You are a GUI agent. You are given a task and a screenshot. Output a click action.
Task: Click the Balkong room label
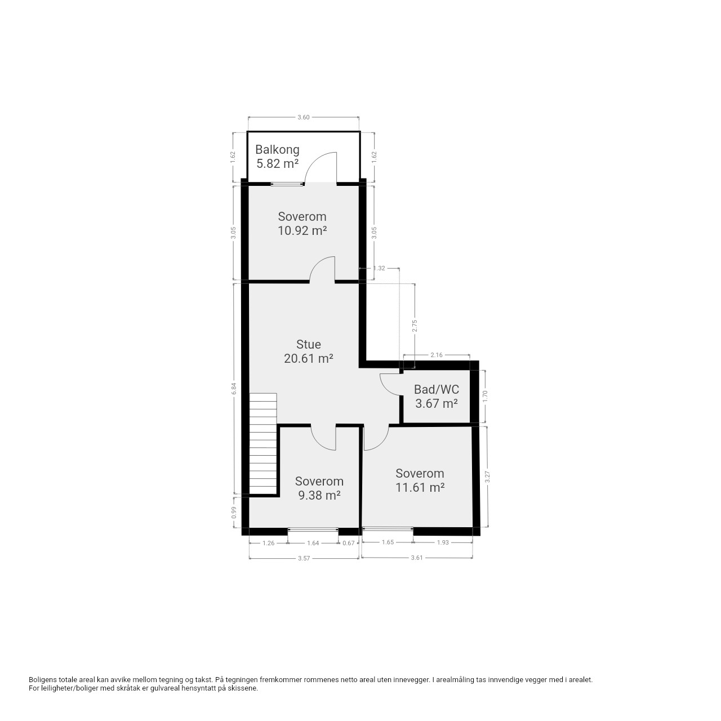click(277, 150)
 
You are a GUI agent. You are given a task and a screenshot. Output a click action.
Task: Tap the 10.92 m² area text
click(302, 230)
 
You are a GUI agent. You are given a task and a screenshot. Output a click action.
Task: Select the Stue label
click(308, 344)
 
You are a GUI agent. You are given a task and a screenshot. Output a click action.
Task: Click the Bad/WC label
click(437, 389)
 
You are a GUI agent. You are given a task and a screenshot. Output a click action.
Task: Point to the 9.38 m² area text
click(319, 495)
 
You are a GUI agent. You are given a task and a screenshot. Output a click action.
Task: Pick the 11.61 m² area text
click(420, 488)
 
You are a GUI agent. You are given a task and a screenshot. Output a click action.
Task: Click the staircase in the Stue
click(263, 444)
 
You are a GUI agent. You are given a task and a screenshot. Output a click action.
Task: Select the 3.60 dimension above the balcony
click(304, 117)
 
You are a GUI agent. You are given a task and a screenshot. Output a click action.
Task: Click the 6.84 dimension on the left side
click(234, 389)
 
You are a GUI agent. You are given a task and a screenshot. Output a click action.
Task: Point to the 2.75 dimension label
click(414, 326)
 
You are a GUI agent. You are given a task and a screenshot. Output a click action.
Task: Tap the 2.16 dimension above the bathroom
click(437, 355)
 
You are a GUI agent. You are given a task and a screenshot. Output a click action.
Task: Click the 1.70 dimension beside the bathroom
click(486, 396)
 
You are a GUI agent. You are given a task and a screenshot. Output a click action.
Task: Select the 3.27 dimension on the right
click(487, 477)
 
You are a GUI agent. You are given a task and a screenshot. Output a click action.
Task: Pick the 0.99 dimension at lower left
click(234, 512)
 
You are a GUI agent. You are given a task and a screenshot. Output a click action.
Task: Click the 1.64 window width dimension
click(313, 543)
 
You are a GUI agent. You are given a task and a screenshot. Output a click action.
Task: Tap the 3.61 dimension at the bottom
click(417, 558)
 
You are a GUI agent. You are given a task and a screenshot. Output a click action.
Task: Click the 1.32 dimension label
click(379, 268)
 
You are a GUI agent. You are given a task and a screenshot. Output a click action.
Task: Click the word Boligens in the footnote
click(43, 679)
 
